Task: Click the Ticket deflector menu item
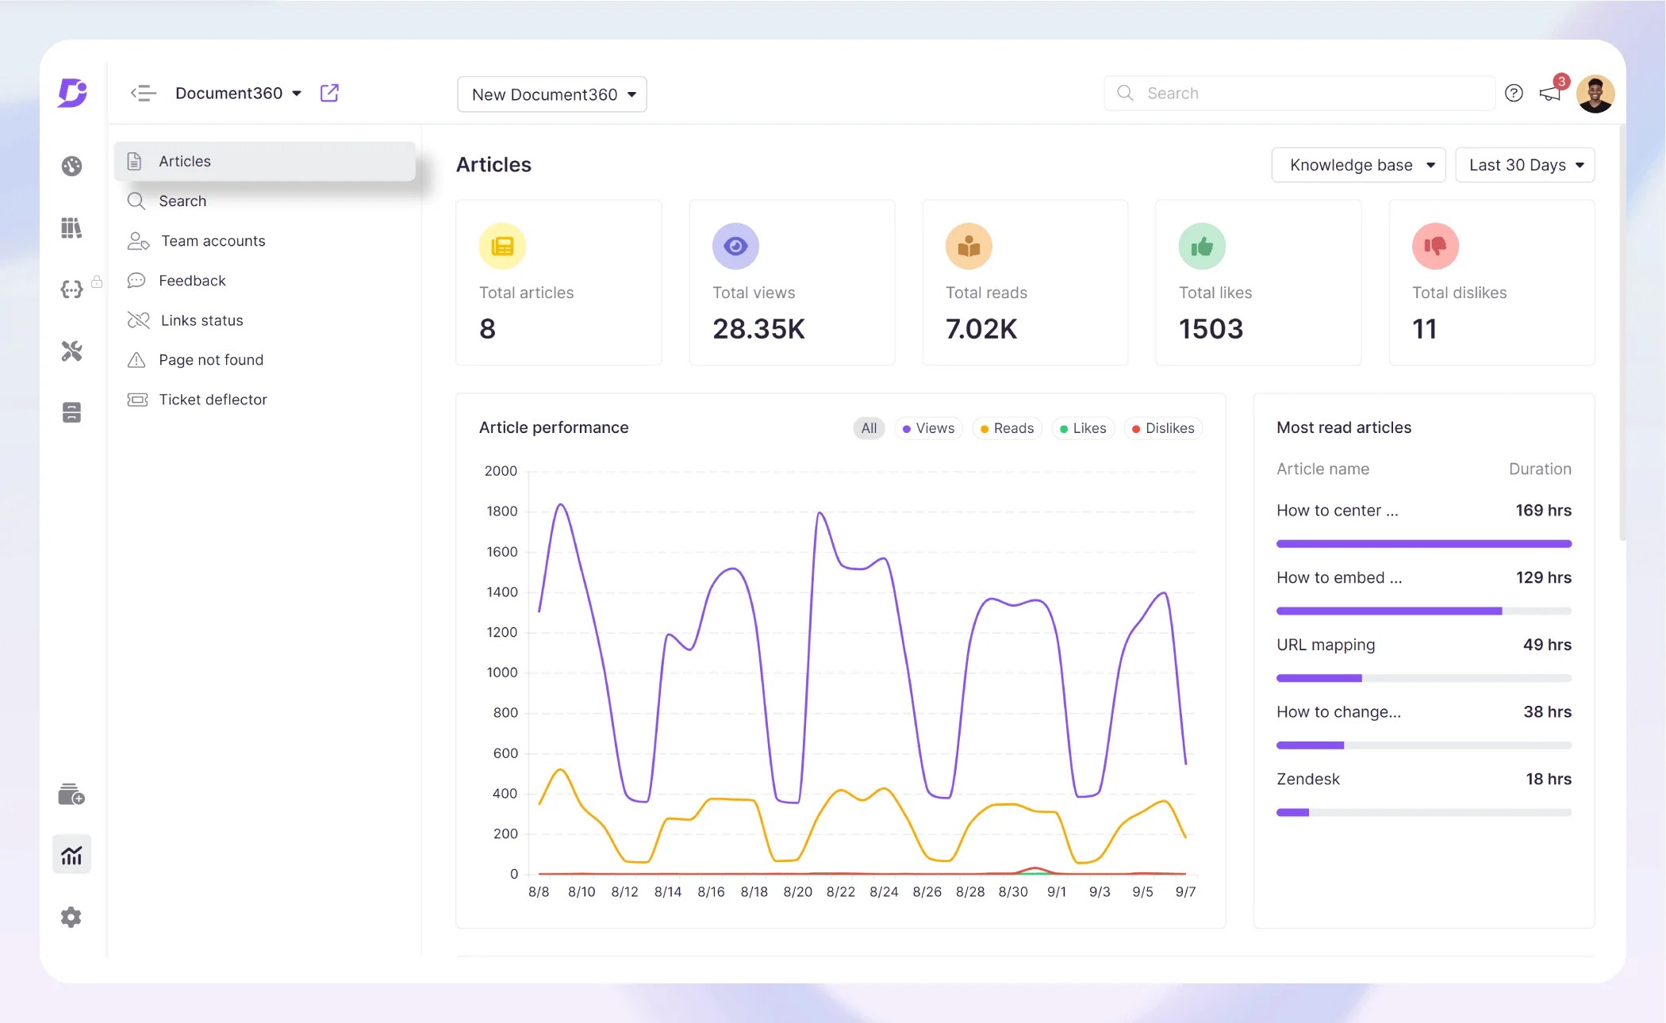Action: [x=212, y=400]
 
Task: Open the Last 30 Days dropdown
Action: [x=1524, y=165]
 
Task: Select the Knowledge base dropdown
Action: [x=1358, y=165]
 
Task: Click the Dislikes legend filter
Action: [x=1163, y=428]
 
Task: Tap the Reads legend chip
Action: [x=1007, y=428]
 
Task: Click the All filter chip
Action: [x=869, y=428]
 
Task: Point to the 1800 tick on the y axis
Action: [x=501, y=511]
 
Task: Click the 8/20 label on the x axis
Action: [x=797, y=892]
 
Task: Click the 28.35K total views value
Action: [x=758, y=329]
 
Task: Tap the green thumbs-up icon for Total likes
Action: [x=1202, y=247]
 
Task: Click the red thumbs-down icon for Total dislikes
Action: [x=1435, y=247]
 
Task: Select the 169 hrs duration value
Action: [x=1543, y=511]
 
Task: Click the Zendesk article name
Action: [x=1307, y=780]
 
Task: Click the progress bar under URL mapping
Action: [x=1423, y=679]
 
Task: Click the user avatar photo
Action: [x=1595, y=94]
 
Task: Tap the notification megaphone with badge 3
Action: [x=1550, y=94]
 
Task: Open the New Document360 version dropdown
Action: [x=552, y=94]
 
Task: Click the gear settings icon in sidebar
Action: [x=71, y=918]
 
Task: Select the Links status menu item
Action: [x=202, y=320]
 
